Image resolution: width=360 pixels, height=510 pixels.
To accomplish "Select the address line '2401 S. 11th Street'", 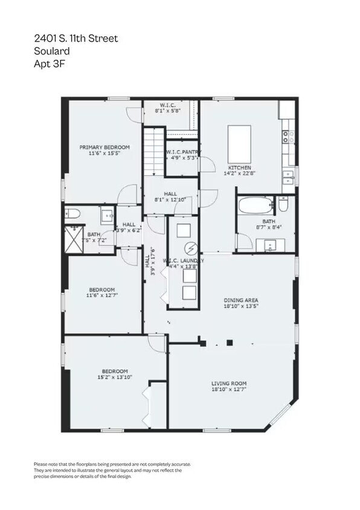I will (x=76, y=38).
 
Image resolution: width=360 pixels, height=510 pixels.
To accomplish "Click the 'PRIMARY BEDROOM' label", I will (x=104, y=147).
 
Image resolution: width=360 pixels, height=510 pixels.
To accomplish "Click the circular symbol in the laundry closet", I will (x=191, y=248).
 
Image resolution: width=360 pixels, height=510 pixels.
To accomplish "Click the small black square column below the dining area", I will (x=230, y=343).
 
